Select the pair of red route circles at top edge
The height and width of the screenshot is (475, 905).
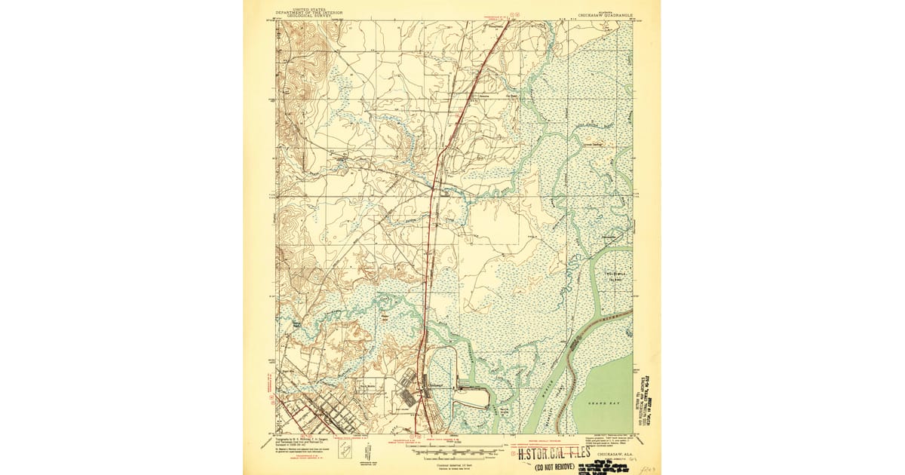[515, 13]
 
